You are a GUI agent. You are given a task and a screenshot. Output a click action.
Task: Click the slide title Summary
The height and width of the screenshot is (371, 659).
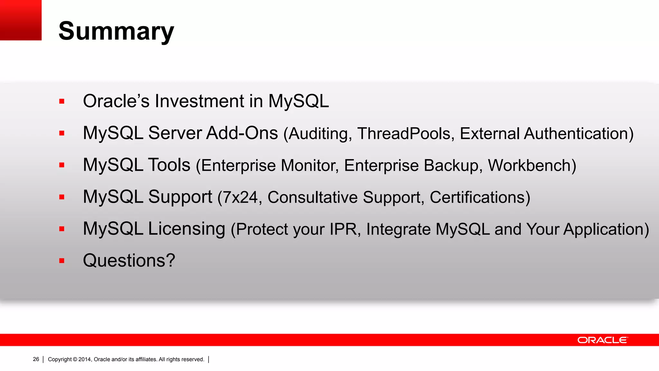(x=116, y=31)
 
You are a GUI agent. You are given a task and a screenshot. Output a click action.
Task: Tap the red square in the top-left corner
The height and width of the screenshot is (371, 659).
(x=21, y=20)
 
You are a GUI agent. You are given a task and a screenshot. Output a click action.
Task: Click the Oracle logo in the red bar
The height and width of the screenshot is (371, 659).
(x=602, y=340)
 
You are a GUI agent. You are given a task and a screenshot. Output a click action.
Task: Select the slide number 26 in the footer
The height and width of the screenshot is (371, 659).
(x=36, y=359)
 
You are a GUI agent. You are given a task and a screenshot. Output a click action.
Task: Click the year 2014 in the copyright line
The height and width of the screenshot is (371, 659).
(x=85, y=359)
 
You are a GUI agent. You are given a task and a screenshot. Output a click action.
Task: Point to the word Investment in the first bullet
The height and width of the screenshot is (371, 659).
(x=200, y=101)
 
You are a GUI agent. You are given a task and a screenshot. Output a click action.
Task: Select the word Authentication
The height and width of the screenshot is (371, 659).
(x=578, y=134)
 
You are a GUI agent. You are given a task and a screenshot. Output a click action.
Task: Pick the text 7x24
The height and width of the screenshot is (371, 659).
(x=240, y=197)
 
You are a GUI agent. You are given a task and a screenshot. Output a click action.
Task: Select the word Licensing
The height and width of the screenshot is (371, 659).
(x=187, y=229)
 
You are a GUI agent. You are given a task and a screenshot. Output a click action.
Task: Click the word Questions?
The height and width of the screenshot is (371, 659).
(x=129, y=260)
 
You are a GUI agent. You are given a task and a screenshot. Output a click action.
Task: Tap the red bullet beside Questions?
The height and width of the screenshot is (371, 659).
(x=62, y=261)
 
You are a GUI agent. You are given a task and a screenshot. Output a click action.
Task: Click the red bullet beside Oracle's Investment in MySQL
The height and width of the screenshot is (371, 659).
(x=62, y=101)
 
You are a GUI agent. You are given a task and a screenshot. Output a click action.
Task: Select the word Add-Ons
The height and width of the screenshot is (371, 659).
(x=242, y=133)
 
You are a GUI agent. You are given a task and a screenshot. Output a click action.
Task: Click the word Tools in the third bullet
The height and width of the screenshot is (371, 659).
(x=169, y=165)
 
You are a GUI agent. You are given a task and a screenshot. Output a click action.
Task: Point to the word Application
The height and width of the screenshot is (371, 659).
(x=606, y=229)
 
